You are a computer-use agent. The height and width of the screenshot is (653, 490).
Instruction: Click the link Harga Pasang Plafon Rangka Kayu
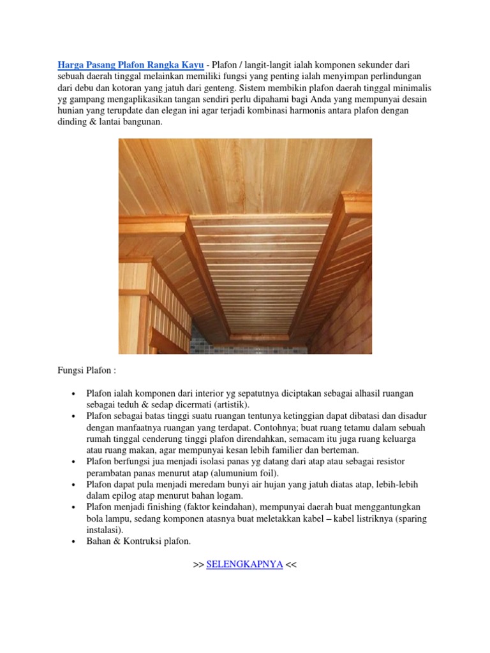coord(130,65)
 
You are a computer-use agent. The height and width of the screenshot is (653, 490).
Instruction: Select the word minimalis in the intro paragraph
coord(403,88)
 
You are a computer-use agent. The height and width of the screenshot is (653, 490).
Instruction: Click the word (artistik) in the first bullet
coord(231,404)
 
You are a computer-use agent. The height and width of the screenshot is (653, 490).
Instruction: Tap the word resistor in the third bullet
coord(386,462)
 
